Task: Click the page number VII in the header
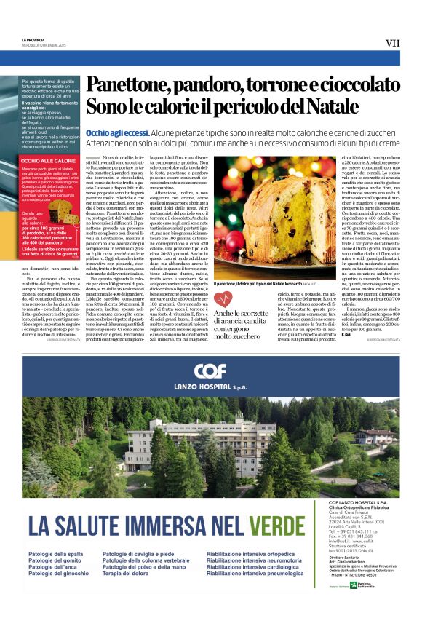click(x=392, y=43)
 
